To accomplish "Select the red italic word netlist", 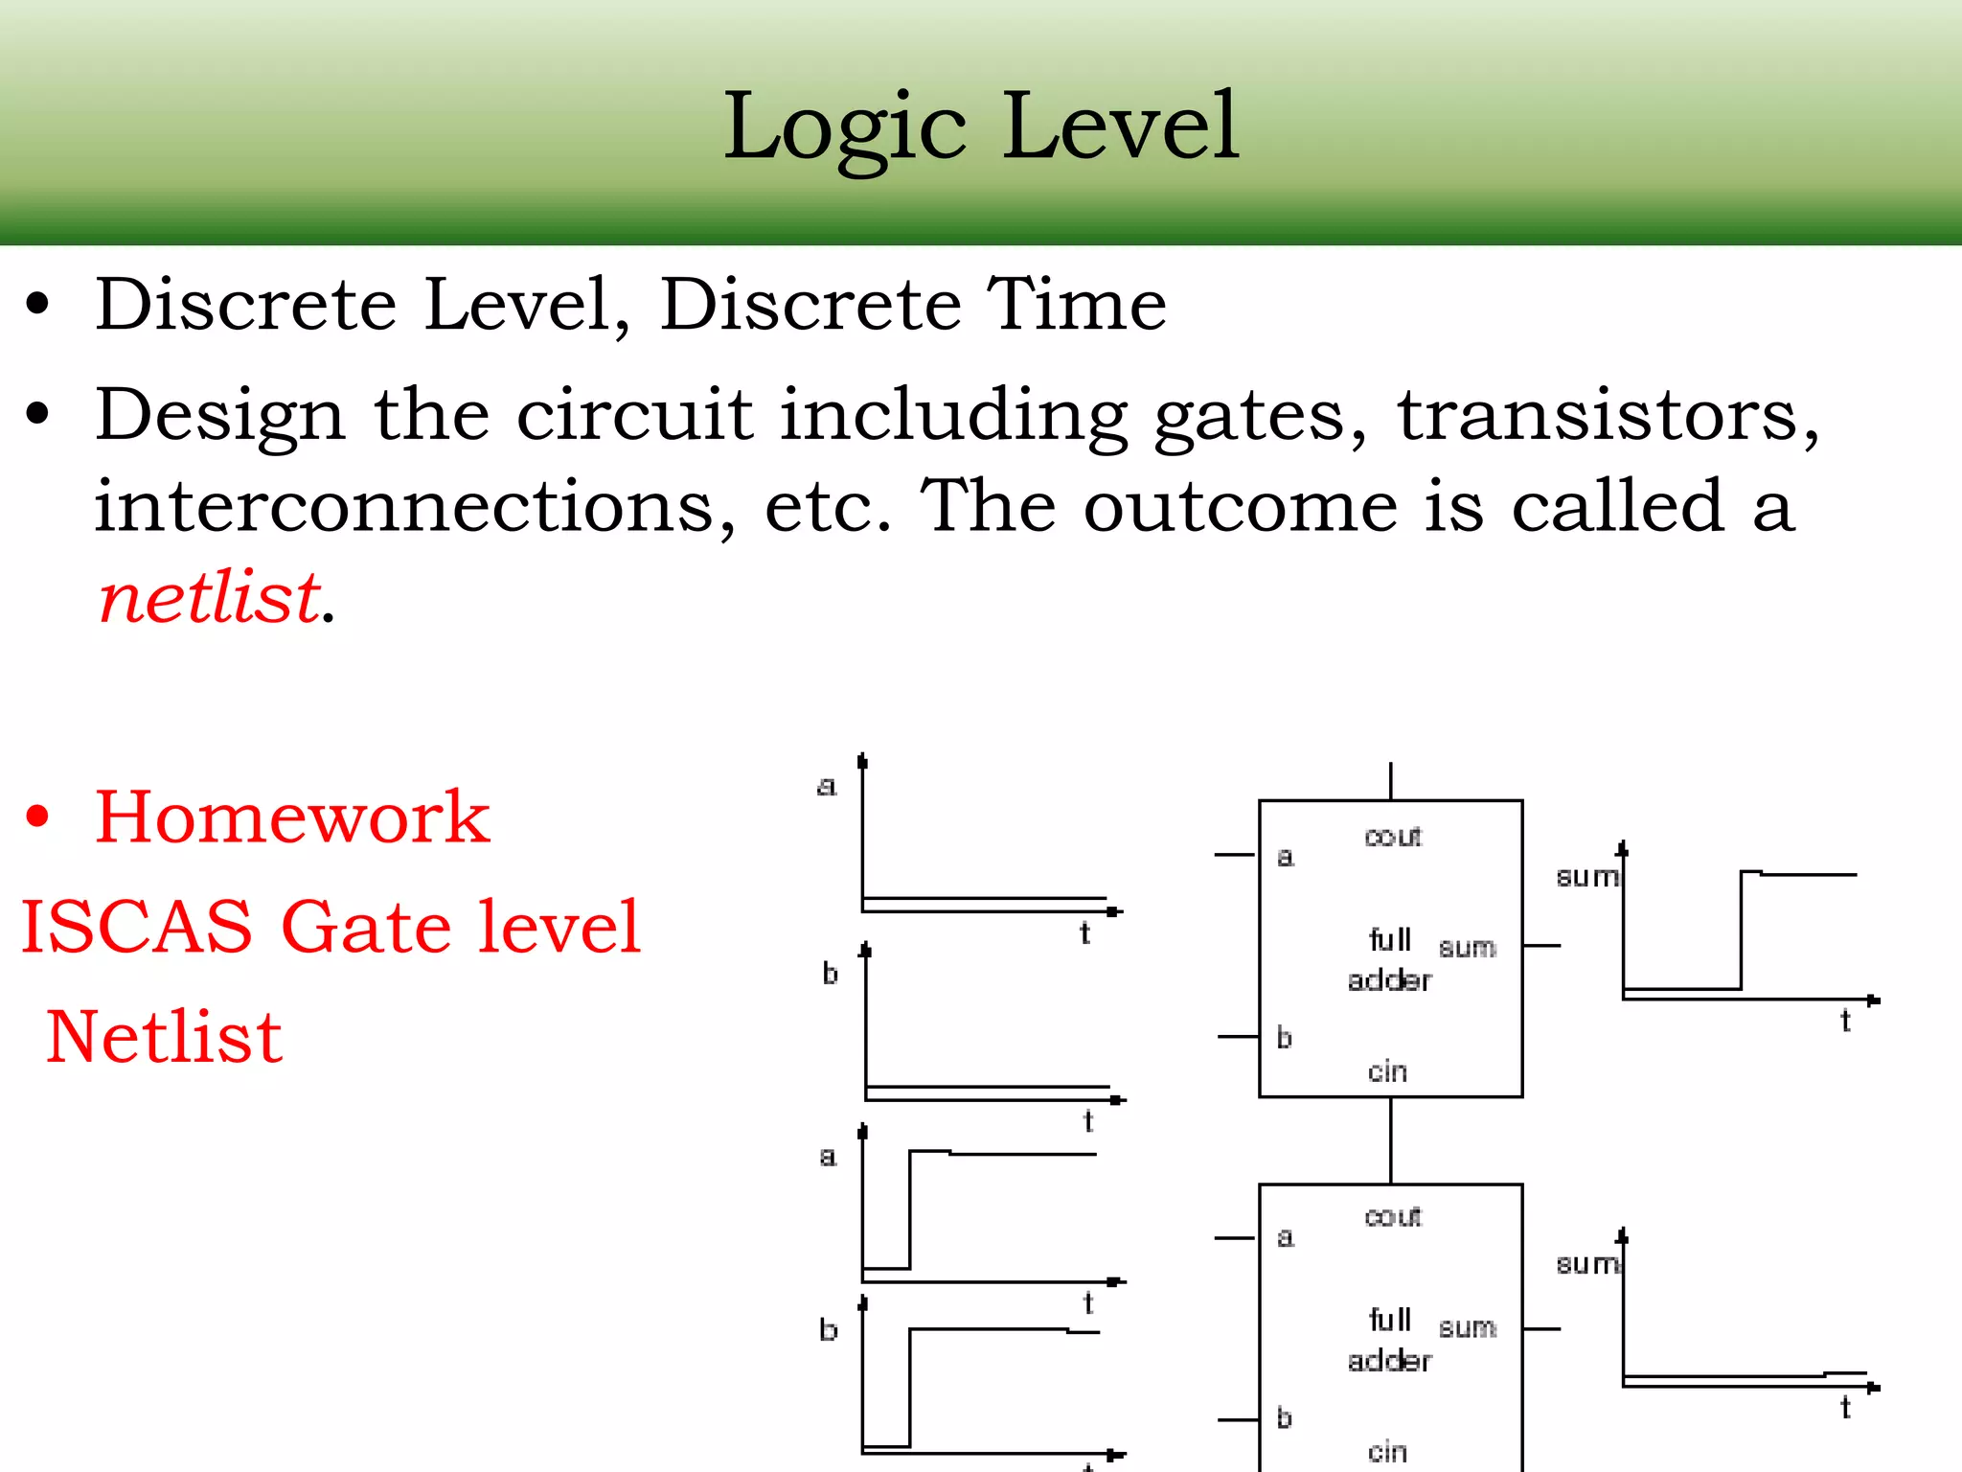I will (x=210, y=597).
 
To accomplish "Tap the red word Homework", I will (x=292, y=816).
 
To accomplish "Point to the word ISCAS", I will (x=137, y=927).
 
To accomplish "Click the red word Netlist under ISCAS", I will (x=164, y=1037).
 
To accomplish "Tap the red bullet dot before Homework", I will (x=37, y=816).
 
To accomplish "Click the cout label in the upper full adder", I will (x=1393, y=837).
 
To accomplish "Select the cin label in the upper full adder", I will (x=1387, y=1071).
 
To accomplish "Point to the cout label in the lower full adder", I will (x=1393, y=1216).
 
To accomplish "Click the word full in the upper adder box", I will (x=1389, y=939).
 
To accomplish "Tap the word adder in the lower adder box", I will (x=1389, y=1361).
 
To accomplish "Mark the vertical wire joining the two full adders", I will (x=1390, y=1140).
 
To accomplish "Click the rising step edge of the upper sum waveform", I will (x=1741, y=930).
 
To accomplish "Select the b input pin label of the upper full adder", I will (x=1285, y=1037).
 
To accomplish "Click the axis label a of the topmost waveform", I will (x=826, y=787).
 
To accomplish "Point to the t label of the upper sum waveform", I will (x=1845, y=1022).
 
